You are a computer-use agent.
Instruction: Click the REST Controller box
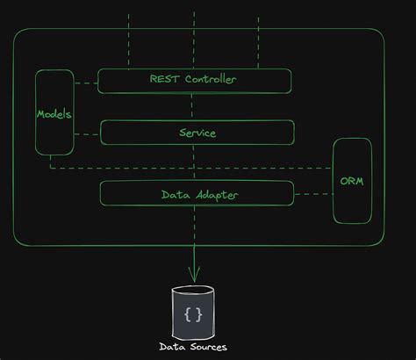click(194, 81)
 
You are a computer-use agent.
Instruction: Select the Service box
click(197, 133)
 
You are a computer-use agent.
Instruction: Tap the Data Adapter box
click(197, 193)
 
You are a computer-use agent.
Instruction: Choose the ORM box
click(352, 181)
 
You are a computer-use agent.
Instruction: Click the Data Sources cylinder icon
click(193, 313)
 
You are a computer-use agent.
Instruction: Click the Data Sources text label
click(193, 347)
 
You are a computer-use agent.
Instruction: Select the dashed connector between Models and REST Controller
click(84, 83)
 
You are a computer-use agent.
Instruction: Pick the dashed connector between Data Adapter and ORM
click(313, 193)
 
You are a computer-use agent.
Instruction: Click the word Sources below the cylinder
click(208, 347)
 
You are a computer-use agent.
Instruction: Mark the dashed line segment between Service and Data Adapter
click(194, 162)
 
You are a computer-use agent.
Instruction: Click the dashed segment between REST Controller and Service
click(194, 106)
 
